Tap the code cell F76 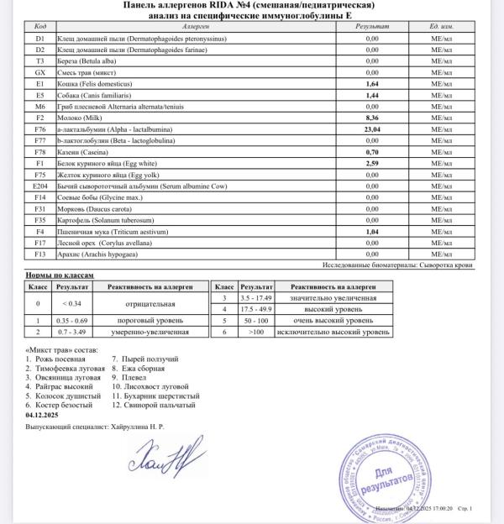tap(39, 130)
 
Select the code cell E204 tap(39, 186)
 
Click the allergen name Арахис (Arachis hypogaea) tap(100, 253)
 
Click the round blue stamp tap(381, 479)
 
